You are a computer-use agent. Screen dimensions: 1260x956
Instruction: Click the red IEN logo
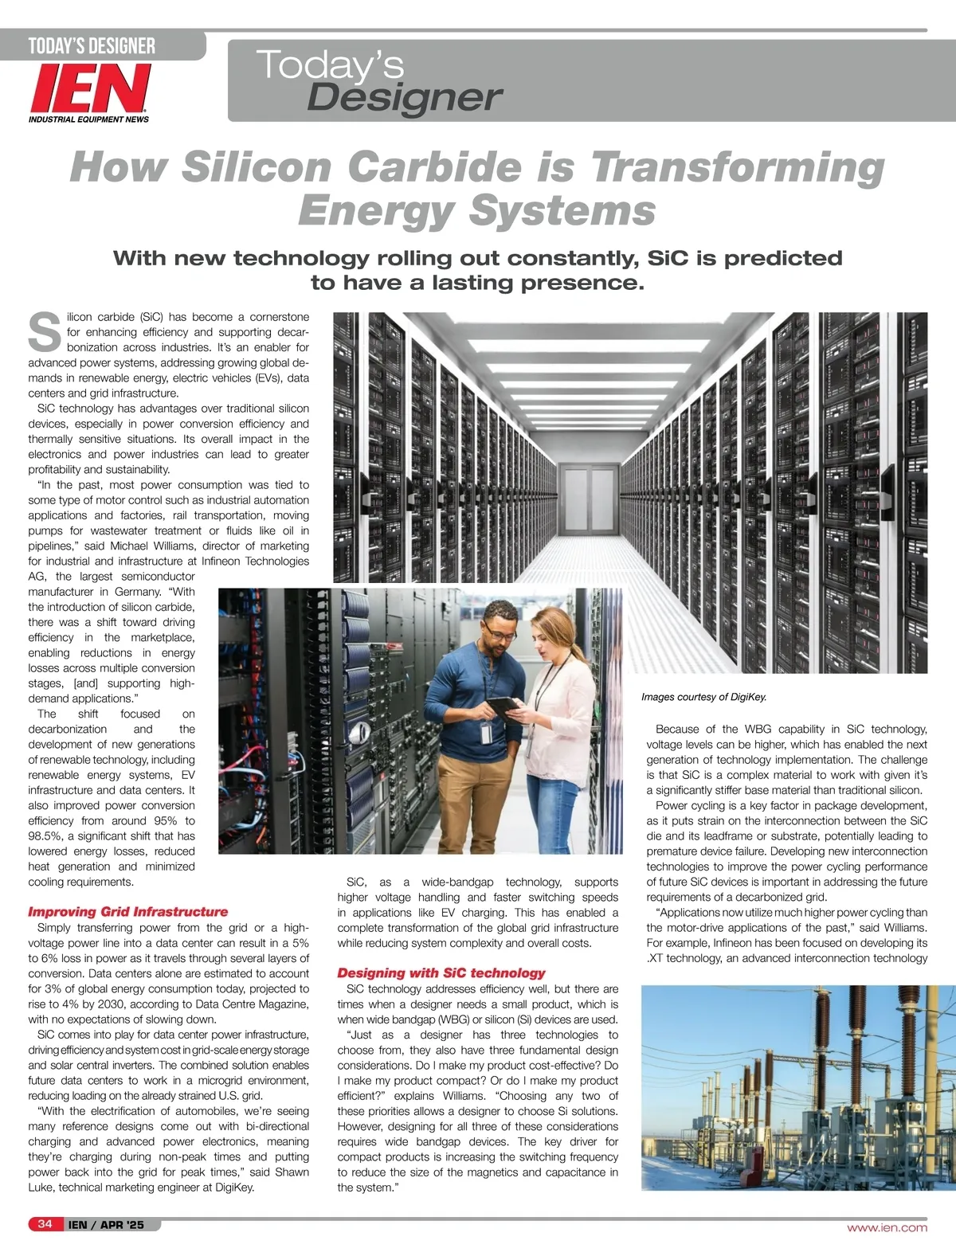90,88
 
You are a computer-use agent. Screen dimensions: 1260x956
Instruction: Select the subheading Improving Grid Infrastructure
127,912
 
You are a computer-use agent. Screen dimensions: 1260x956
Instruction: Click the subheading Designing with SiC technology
441,973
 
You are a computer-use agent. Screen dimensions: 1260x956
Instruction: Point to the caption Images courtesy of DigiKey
703,697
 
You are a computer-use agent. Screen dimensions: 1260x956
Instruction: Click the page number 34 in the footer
45,1224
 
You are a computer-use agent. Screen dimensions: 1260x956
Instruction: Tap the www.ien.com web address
887,1227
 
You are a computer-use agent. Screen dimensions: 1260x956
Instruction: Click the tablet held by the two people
503,706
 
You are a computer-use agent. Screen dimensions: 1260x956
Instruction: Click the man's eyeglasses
500,634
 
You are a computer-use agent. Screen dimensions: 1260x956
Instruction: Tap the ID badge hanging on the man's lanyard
485,734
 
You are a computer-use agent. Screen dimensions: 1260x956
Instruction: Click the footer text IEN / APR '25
106,1225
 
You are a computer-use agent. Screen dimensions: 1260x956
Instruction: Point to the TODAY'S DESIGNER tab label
92,46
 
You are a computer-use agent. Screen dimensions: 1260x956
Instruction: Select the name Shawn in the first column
292,1172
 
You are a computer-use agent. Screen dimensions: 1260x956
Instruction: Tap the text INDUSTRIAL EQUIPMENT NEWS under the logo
88,119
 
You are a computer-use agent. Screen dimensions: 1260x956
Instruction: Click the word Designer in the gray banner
404,98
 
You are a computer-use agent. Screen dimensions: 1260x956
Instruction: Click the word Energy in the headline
377,212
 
